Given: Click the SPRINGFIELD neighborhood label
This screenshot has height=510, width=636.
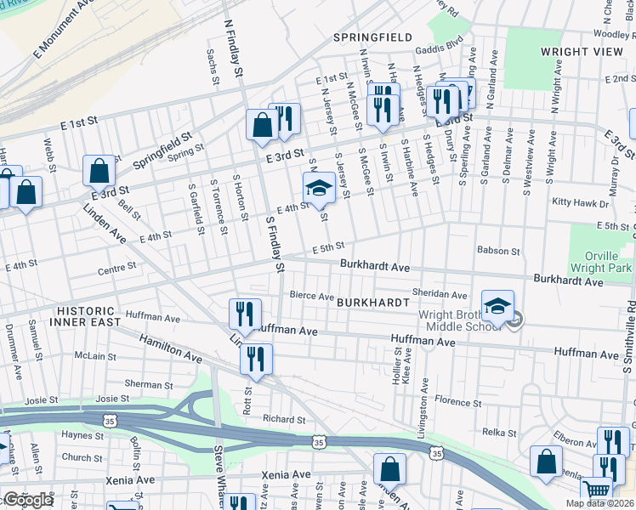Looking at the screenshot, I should (372, 37).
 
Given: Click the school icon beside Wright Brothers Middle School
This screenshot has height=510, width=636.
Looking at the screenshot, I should (498, 305).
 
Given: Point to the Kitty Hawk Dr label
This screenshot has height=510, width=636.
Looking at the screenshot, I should (581, 203).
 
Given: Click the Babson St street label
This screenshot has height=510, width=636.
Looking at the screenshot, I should (498, 252).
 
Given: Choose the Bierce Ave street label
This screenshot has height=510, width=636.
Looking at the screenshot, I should (312, 297).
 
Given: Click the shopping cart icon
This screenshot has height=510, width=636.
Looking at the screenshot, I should (597, 490).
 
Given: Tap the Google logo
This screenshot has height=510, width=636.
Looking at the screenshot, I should (27, 499).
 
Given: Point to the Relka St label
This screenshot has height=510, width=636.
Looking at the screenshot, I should (499, 433).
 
